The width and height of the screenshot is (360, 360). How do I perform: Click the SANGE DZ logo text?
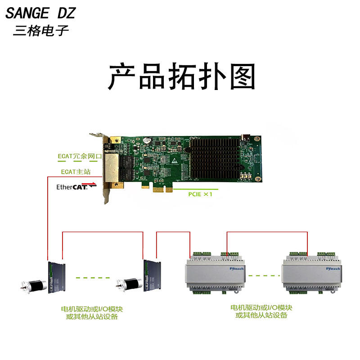point(40,13)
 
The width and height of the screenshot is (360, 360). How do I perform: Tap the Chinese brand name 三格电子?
point(41,31)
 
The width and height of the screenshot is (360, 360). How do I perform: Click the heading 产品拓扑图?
point(182,76)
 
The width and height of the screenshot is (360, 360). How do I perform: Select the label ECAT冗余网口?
point(80,156)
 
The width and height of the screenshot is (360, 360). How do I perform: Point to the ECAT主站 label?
point(76,172)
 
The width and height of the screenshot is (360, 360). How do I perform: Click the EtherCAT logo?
point(76,186)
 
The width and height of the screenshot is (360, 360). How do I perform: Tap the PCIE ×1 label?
point(200,194)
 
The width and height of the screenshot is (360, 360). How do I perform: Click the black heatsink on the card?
point(215,158)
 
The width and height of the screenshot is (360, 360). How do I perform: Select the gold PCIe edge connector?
point(162,189)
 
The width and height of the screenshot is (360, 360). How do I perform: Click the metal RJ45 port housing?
point(112,168)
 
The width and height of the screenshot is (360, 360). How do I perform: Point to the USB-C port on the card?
point(245,138)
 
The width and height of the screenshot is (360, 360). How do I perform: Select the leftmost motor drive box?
point(57,278)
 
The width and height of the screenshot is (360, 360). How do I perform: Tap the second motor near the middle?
point(129,284)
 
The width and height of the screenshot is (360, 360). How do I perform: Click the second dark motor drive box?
point(152,276)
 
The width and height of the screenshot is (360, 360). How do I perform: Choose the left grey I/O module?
point(215,273)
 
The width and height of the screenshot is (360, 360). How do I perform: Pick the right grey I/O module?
point(312,273)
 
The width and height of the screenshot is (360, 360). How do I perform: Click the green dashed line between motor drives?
point(93,278)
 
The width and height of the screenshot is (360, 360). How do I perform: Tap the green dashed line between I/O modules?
point(264,275)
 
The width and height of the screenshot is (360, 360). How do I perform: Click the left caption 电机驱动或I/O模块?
point(92,309)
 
